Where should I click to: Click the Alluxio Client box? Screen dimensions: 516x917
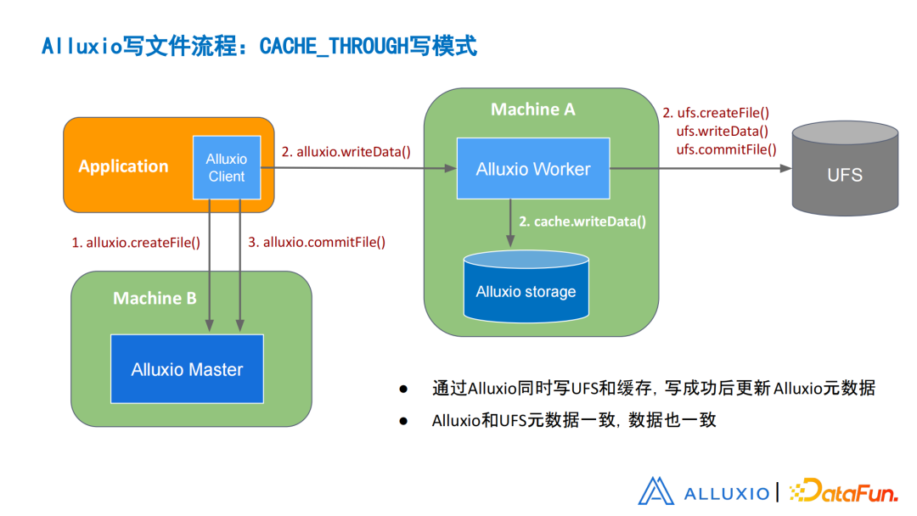tap(226, 167)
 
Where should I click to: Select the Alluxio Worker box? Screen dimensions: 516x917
tap(532, 169)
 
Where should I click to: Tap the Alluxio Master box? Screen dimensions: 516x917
tap(187, 369)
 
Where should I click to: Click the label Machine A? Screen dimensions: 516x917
tap(532, 109)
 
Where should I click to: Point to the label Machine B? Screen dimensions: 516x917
tap(155, 298)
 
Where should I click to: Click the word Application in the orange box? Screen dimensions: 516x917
tap(123, 166)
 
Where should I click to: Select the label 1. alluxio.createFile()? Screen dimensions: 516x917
tap(136, 242)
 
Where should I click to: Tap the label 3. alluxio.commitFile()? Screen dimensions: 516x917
tap(317, 242)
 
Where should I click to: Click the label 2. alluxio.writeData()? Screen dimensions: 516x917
tap(346, 152)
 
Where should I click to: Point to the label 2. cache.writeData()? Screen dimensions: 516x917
tap(583, 222)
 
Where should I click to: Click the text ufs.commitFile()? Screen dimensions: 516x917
tap(726, 149)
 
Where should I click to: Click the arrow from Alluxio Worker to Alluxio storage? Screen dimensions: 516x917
tap(510, 224)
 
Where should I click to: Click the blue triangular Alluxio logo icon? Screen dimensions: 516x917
tap(655, 491)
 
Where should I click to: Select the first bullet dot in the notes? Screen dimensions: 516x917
tap(403, 389)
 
